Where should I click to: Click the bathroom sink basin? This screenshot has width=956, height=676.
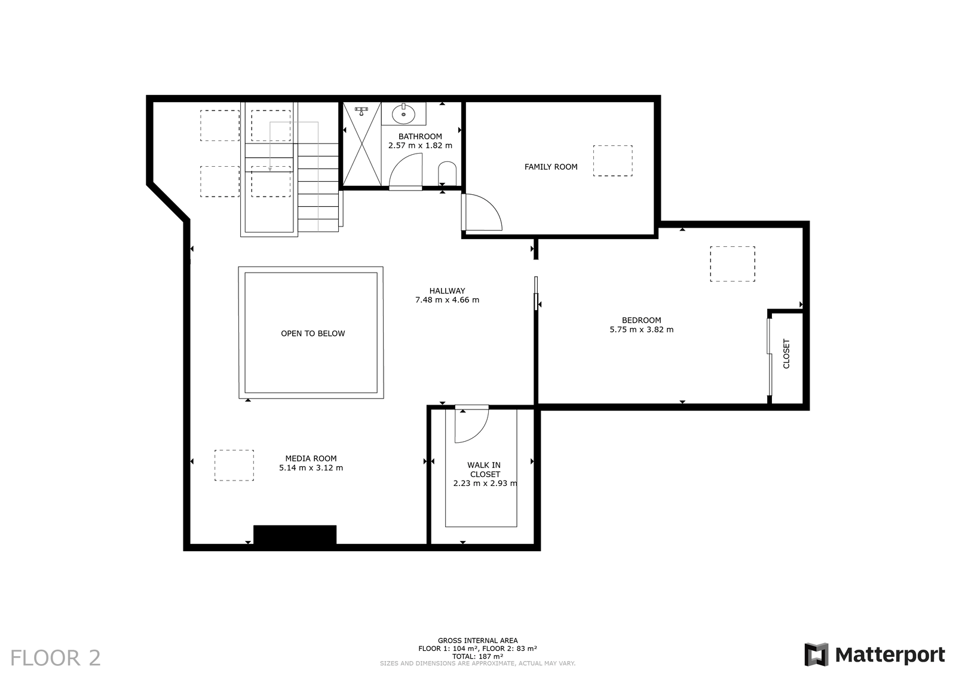click(403, 114)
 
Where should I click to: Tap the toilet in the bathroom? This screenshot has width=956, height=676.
click(448, 173)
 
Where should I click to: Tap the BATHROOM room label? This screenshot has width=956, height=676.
click(420, 137)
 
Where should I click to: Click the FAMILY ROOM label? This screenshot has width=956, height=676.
click(550, 167)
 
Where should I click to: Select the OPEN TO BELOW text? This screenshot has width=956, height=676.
click(313, 334)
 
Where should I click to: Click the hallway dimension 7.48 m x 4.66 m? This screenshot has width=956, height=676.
click(448, 300)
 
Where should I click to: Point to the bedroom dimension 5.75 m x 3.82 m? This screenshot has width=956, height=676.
click(642, 329)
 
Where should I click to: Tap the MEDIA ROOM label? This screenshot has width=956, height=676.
click(311, 458)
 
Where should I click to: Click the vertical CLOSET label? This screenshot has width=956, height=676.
click(786, 354)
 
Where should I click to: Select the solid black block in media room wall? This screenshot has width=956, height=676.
click(295, 535)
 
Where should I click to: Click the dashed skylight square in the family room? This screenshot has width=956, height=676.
click(613, 161)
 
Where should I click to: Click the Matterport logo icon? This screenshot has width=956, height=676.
click(816, 654)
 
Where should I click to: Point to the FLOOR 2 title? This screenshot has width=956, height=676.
click(56, 658)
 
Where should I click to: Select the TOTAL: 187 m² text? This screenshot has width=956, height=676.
click(477, 656)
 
